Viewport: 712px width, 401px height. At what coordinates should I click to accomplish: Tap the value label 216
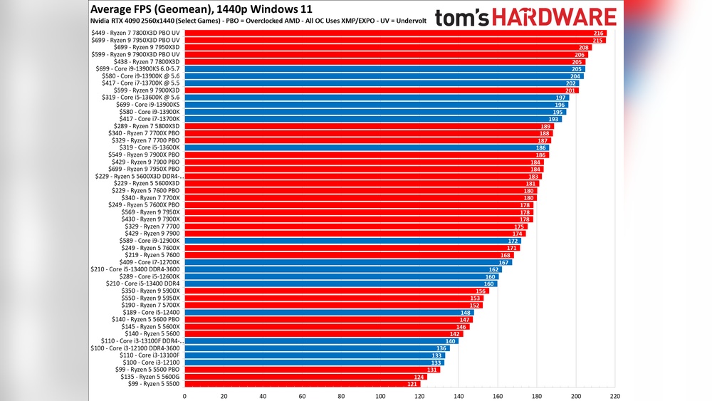(599, 33)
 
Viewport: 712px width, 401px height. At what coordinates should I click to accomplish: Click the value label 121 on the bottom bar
(413, 384)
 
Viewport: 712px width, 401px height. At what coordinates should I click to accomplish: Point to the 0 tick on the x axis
(184, 395)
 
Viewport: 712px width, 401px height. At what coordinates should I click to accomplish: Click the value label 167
(503, 262)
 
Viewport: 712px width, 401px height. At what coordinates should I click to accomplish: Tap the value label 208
(583, 48)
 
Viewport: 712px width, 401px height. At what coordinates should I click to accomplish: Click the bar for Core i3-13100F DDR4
(321, 341)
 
